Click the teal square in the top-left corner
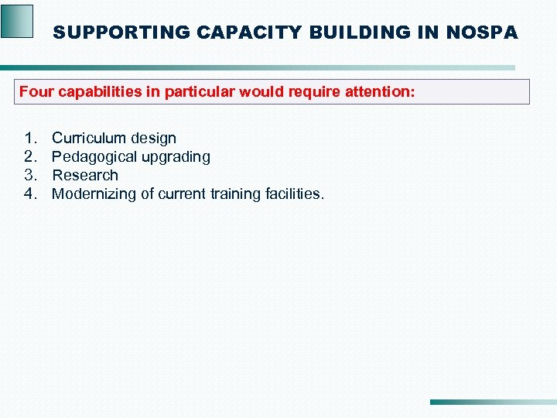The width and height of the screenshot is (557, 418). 17,21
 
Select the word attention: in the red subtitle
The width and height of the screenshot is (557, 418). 379,92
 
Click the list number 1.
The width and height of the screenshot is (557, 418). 31,139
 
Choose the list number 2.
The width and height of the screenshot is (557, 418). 31,157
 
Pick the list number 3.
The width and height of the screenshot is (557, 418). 31,176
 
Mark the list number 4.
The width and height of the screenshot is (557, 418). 31,194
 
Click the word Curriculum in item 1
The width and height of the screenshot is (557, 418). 88,139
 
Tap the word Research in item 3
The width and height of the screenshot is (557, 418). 85,176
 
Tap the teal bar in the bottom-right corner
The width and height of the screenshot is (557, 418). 492,402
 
